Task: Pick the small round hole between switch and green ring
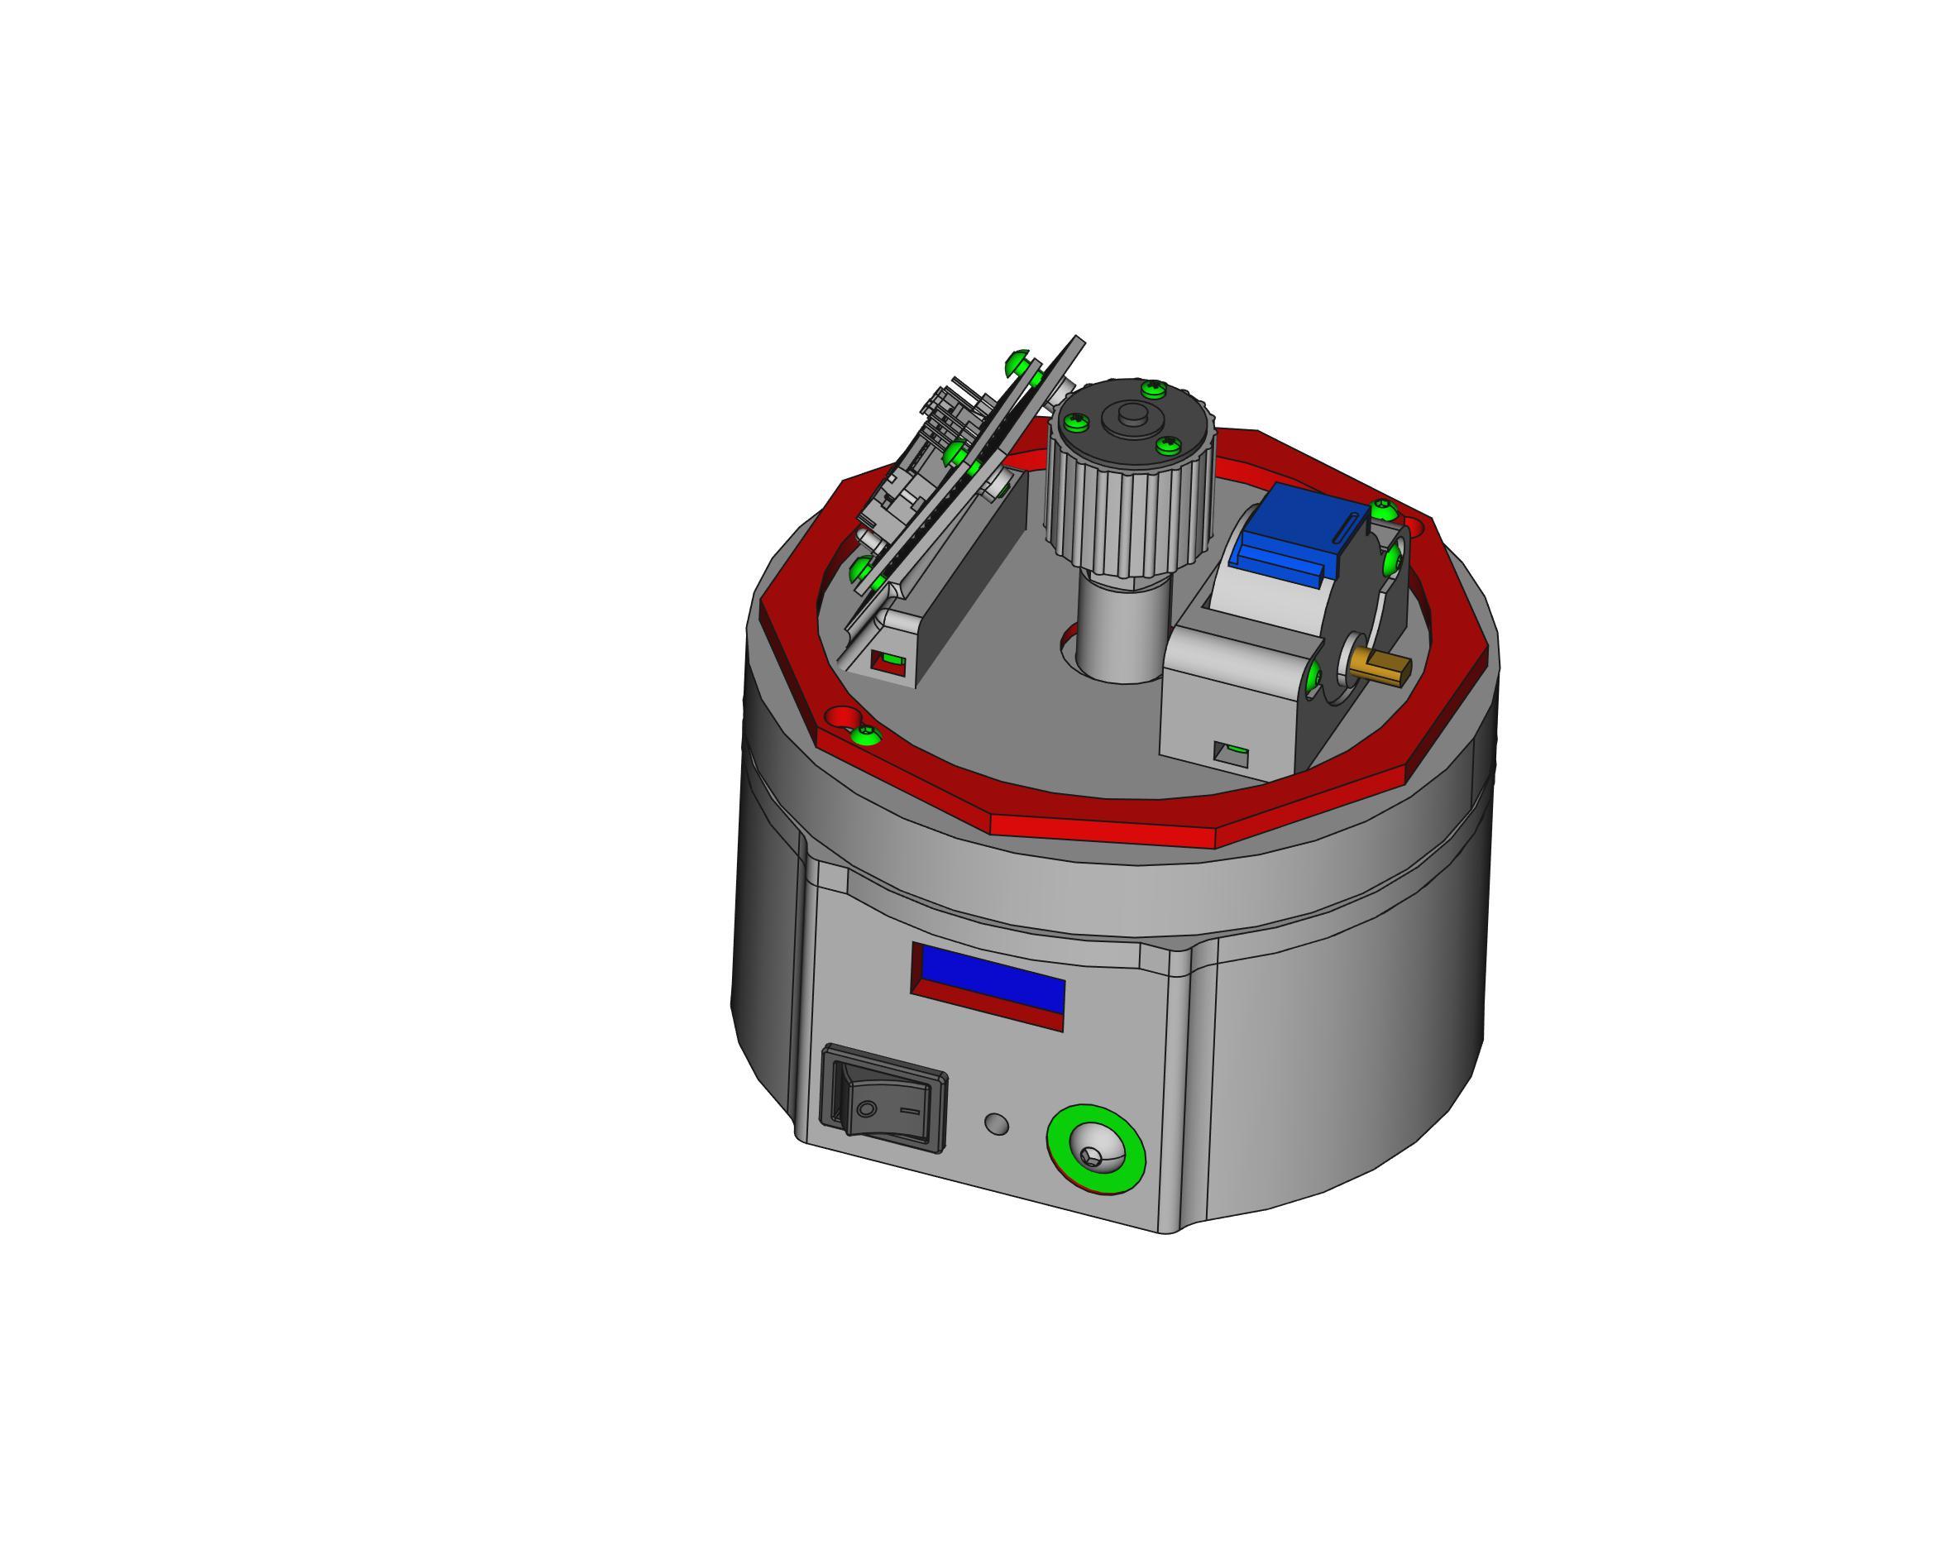click(996, 1124)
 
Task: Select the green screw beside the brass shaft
click(1315, 675)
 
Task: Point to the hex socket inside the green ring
click(1093, 1156)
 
